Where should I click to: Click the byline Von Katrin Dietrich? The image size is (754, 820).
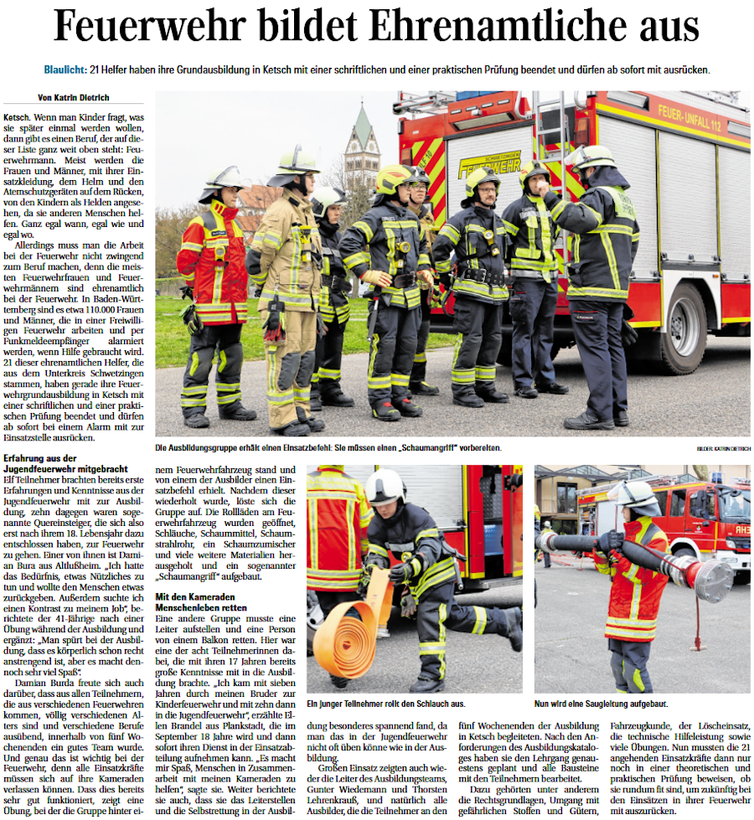(x=74, y=98)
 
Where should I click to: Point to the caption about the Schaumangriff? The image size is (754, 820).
(x=328, y=448)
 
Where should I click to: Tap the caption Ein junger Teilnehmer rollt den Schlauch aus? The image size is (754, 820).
(x=386, y=704)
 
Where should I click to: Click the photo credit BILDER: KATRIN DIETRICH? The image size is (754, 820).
(x=722, y=449)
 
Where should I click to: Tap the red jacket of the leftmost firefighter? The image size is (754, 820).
(x=213, y=267)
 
